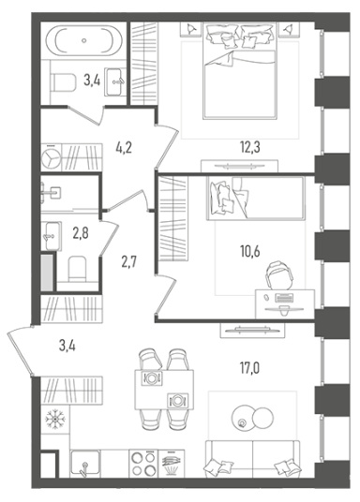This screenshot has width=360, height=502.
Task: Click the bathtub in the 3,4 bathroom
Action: click(84, 40)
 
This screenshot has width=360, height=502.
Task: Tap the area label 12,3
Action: click(250, 147)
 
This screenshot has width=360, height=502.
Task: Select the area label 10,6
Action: click(250, 251)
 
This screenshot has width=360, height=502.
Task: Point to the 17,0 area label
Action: click(250, 368)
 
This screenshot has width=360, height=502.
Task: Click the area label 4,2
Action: click(124, 148)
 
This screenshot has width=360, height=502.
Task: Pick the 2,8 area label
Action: click(81, 233)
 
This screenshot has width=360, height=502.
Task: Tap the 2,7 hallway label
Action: click(129, 262)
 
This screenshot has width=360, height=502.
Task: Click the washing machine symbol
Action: click(51, 157)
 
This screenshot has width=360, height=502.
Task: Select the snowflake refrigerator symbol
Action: click(55, 419)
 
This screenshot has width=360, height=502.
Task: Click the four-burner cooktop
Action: click(143, 464)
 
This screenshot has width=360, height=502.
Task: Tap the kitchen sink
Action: click(85, 463)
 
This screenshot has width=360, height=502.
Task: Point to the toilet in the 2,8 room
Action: click(77, 268)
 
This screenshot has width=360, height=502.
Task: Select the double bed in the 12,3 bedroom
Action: click(239, 70)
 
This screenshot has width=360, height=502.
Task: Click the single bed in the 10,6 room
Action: click(256, 199)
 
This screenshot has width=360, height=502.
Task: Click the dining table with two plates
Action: click(164, 390)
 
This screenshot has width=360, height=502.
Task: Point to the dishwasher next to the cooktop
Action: click(172, 464)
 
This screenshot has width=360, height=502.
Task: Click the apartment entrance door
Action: click(20, 350)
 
